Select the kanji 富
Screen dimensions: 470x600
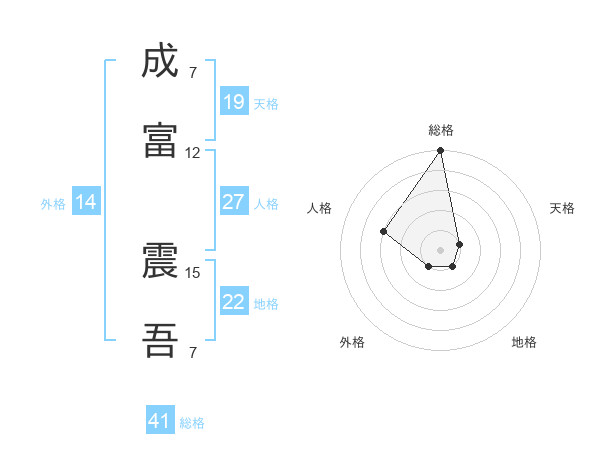pyautogui.click(x=160, y=141)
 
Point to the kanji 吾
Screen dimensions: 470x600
pyautogui.click(x=160, y=341)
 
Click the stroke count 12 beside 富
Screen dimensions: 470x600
pyautogui.click(x=192, y=153)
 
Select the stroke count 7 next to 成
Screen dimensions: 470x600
pyautogui.click(x=192, y=73)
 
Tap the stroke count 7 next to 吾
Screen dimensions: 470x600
pyautogui.click(x=192, y=352)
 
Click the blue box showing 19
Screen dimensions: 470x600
pyautogui.click(x=233, y=102)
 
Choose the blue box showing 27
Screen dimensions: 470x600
pyautogui.click(x=233, y=202)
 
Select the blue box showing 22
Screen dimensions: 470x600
pyautogui.click(x=233, y=302)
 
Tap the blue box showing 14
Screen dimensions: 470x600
pyautogui.click(x=86, y=202)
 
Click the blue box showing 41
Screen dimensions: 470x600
pyautogui.click(x=160, y=421)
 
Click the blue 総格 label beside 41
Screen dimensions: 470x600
pyautogui.click(x=192, y=423)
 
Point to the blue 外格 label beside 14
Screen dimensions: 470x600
pyautogui.click(x=53, y=204)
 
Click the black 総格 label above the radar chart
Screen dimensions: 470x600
pyautogui.click(x=441, y=130)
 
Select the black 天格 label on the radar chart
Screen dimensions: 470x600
pyautogui.click(x=562, y=208)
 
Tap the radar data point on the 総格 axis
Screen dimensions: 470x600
pyautogui.click(x=440, y=151)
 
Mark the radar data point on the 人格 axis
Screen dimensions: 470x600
pyautogui.click(x=383, y=231)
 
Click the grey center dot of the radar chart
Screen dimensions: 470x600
pyautogui.click(x=440, y=249)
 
